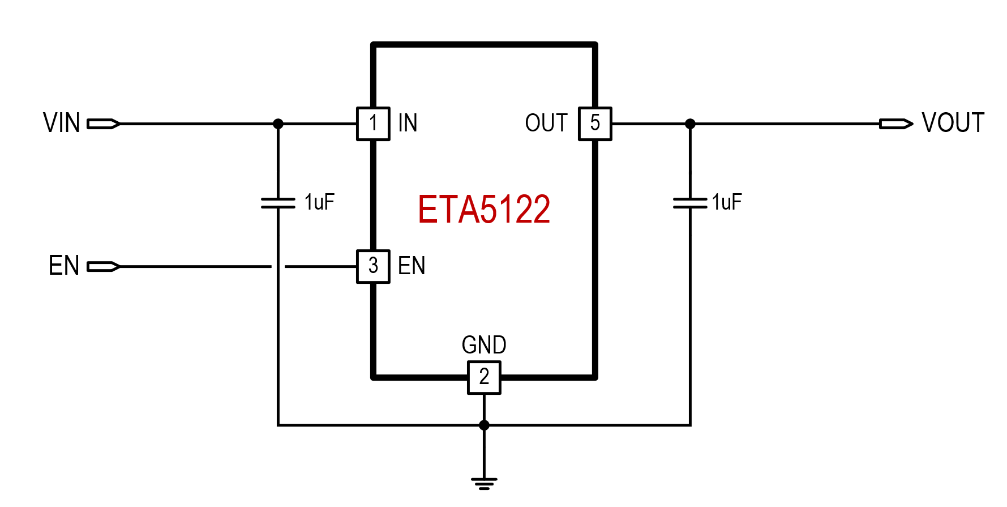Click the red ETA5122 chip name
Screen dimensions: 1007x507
point(484,210)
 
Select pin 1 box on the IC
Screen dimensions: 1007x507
point(373,123)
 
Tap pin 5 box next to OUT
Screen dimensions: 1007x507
point(595,123)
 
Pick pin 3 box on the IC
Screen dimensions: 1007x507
point(373,266)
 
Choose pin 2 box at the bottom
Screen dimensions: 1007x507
point(484,377)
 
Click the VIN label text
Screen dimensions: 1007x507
point(62,123)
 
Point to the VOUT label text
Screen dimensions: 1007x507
point(953,123)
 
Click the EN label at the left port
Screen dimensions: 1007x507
point(64,266)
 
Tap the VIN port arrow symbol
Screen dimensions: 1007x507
point(104,123)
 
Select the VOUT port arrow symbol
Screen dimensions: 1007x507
point(896,123)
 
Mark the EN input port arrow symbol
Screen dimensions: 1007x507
point(104,266)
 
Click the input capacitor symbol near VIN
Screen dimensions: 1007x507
point(278,203)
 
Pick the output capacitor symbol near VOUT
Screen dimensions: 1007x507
point(690,203)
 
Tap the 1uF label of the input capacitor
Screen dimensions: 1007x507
point(319,202)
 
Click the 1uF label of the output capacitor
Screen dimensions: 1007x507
point(727,202)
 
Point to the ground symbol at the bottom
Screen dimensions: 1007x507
point(484,483)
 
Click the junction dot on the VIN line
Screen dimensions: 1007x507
point(278,123)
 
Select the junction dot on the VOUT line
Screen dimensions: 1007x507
point(690,123)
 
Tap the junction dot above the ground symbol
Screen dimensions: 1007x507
point(484,425)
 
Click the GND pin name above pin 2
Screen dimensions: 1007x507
point(484,344)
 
